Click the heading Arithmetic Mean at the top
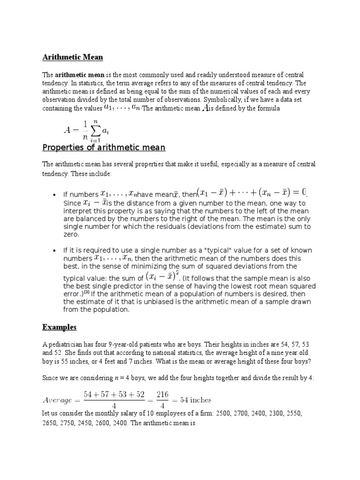pos(73,57)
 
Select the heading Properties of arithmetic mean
pos(104,148)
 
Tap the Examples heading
pos(60,326)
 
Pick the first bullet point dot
pos(55,195)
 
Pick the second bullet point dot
pos(55,250)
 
